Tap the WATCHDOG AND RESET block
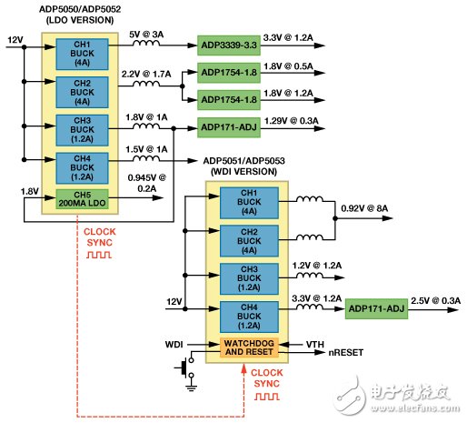(x=247, y=347)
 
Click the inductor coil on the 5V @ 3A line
(x=144, y=43)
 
